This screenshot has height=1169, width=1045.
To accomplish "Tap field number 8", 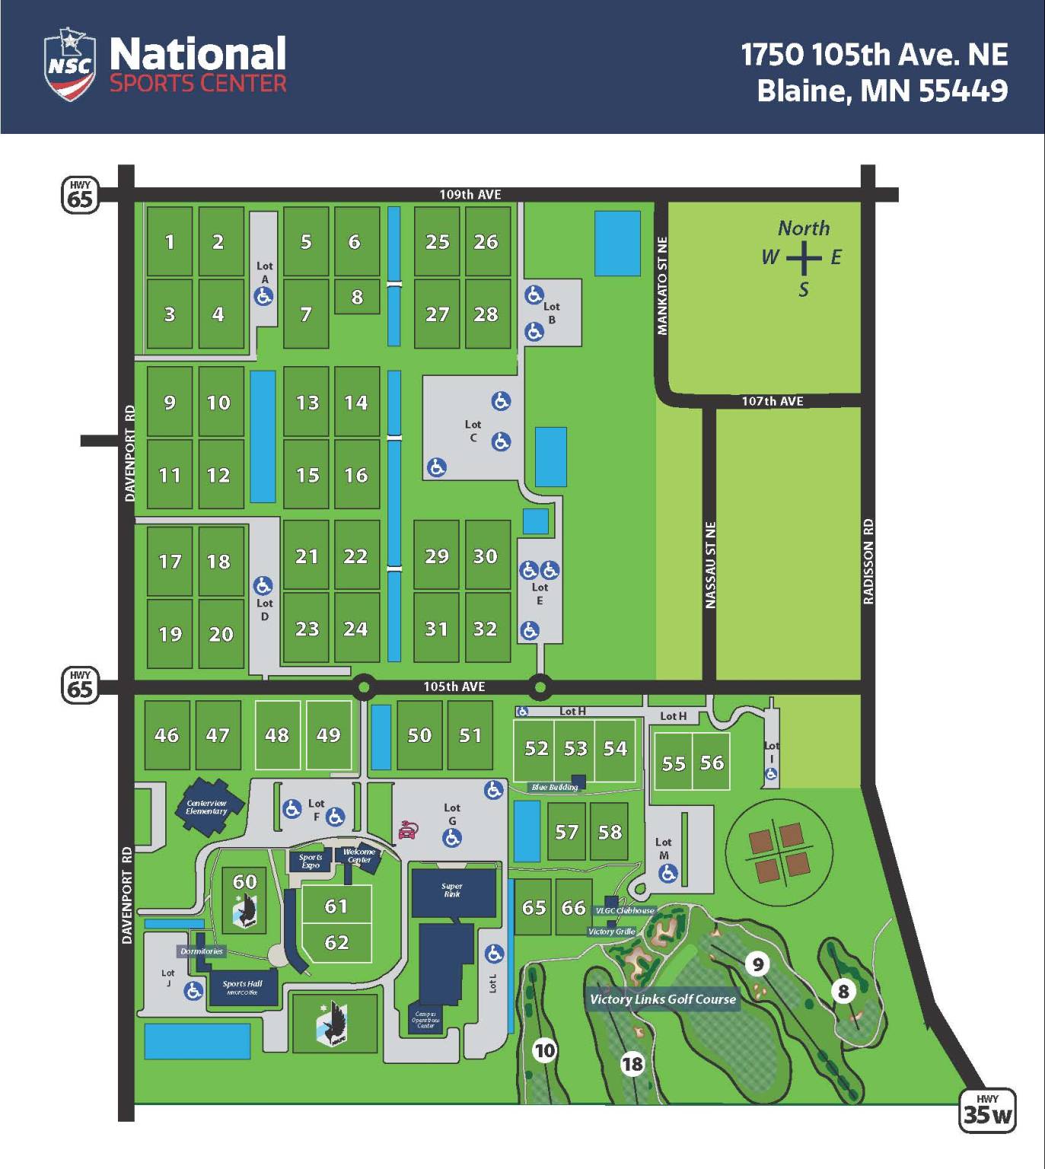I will tap(357, 297).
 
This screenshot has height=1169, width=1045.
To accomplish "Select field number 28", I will tap(486, 314).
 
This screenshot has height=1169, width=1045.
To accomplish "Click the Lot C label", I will tap(473, 431).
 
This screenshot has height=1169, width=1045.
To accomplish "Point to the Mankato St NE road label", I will tap(662, 285).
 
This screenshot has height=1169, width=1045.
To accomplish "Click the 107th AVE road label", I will tap(772, 401).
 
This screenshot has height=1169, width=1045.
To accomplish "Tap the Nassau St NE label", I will tap(710, 565).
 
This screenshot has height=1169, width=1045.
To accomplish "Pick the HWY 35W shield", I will tap(987, 1111).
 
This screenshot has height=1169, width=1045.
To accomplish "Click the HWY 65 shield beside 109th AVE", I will tap(80, 196).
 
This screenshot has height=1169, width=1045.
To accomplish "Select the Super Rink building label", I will tap(451, 890).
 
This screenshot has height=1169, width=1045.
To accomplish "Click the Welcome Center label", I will tap(359, 855).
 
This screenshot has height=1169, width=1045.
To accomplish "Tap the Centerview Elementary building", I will tap(207, 807).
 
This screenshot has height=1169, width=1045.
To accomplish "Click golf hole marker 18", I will tap(632, 1063).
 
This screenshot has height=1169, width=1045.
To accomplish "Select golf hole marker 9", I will tap(757, 964).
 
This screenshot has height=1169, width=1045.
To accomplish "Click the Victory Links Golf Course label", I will tap(663, 999).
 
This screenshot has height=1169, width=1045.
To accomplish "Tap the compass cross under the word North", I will tap(803, 259).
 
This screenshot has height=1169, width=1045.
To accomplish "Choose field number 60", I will tap(244, 881).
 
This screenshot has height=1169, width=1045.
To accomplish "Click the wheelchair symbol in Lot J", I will tap(193, 990).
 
